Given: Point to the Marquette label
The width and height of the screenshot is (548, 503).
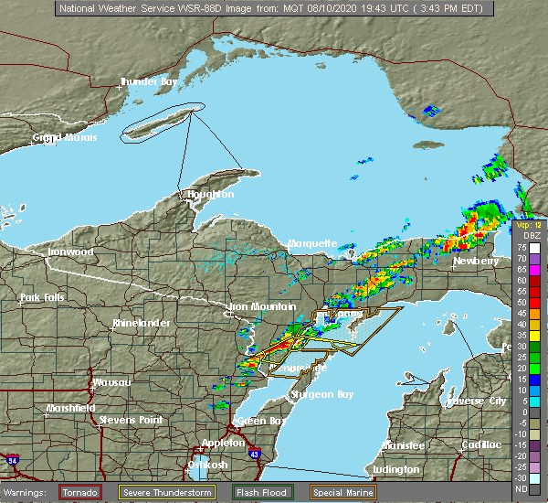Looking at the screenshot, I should [312, 244].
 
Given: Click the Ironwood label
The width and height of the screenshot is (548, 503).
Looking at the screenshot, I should [70, 251].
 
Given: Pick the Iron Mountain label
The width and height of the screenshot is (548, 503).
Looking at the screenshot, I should [262, 306].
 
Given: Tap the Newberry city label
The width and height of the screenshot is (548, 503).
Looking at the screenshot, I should [477, 262].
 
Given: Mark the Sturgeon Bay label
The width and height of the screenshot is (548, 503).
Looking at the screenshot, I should [319, 394].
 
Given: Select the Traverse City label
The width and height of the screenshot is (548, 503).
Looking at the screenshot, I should [477, 401].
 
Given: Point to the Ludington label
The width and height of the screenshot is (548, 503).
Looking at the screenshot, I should [397, 471].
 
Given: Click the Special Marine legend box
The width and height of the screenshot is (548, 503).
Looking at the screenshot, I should [341, 492].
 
